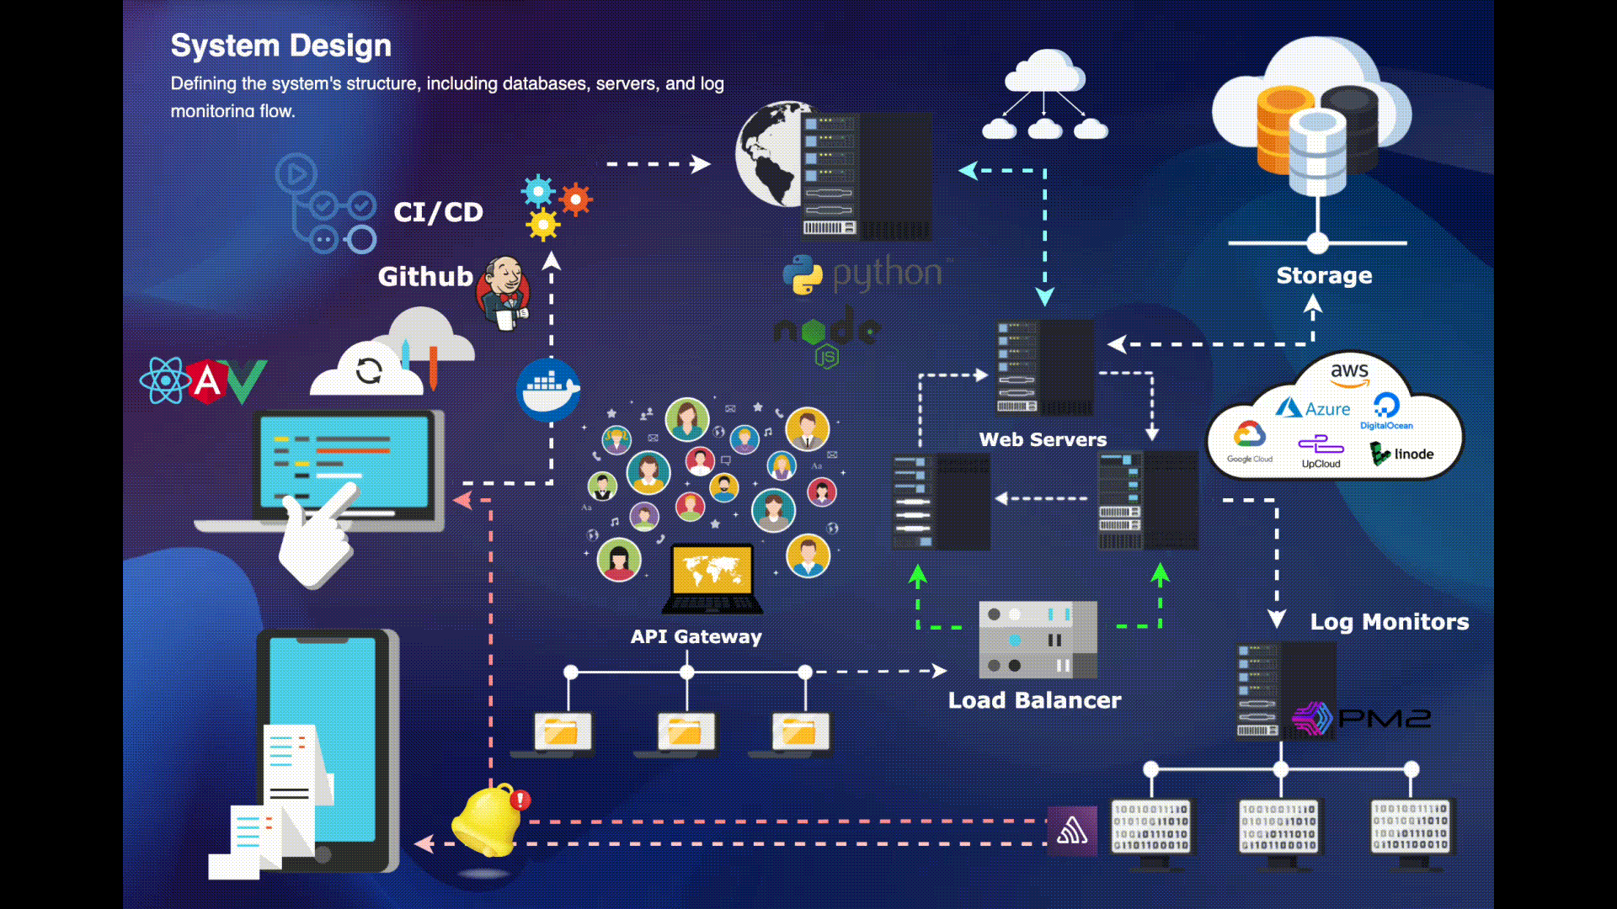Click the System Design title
point(280,45)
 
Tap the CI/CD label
point(438,212)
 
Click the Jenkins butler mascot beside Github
point(504,292)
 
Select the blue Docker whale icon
point(548,390)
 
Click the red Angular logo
point(207,381)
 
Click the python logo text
point(886,274)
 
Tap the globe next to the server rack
point(768,156)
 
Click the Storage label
point(1324,275)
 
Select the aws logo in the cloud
point(1349,372)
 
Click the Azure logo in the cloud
point(1313,409)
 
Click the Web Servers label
point(1043,439)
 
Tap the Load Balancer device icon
point(1038,640)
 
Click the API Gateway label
point(696,637)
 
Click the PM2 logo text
point(1384,718)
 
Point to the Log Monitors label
point(1389,622)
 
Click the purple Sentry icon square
point(1072,832)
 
